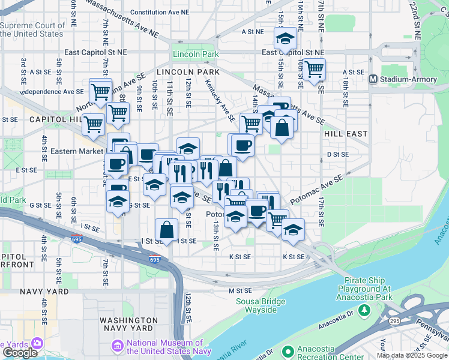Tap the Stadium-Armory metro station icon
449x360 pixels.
point(373,79)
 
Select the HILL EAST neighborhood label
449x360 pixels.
point(345,134)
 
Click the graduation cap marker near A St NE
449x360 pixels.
point(285,40)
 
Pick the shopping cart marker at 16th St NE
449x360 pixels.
point(313,70)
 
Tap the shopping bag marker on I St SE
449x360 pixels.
point(166,229)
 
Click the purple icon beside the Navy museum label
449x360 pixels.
point(117,346)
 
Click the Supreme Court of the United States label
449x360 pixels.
point(32,29)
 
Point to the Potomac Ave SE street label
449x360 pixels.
point(316,188)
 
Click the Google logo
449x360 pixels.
point(20,353)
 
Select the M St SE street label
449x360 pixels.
point(238,290)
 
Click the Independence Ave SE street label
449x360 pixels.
point(52,92)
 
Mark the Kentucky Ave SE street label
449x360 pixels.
point(219,99)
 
